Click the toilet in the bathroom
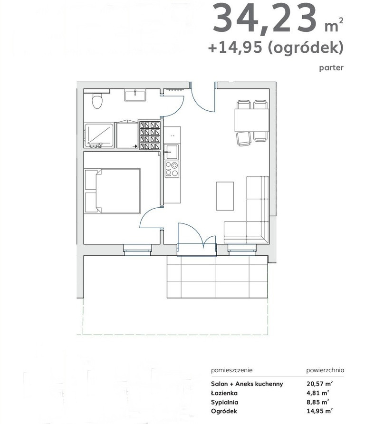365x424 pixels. pos(97,101)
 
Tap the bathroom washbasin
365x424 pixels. pos(135,96)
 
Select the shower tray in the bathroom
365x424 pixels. pos(99,136)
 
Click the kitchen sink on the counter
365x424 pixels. pos(172,152)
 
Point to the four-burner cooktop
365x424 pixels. pos(172,169)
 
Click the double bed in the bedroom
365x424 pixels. pos(113,191)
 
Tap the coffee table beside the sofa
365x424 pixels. pos(225,196)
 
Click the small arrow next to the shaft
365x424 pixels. pos(134,146)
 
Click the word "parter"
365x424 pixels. pos(331,67)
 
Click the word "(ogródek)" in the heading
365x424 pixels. pos(306,48)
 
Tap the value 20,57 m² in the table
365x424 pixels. pos(319,384)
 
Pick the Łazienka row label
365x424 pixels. pos(224,393)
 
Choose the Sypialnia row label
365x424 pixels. pos(224,402)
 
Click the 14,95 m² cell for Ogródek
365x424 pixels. pos(319,411)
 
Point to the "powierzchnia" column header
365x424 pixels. pos(325,370)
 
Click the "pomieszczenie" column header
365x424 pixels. pos(232,370)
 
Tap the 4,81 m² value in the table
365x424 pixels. pos(317,393)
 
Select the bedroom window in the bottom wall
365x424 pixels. pos(137,250)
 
